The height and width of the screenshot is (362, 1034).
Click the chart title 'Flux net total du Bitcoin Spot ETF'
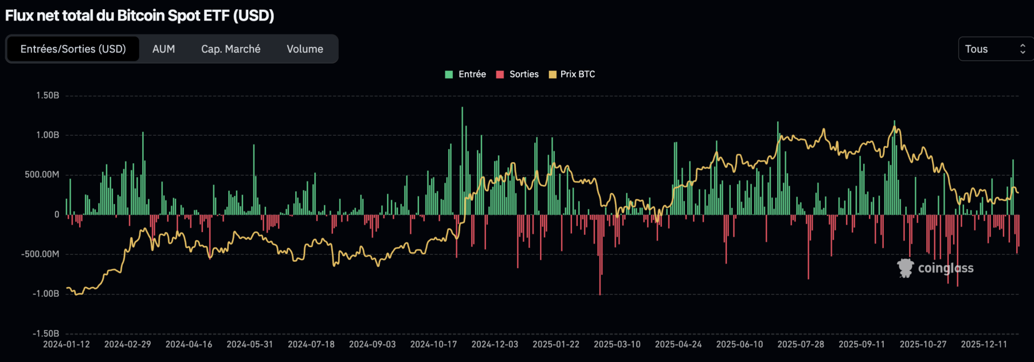(x=139, y=16)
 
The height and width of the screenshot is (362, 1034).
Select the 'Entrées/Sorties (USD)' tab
(x=73, y=49)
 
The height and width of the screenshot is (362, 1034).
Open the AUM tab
(x=164, y=49)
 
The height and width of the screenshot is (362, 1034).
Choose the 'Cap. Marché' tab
(x=230, y=49)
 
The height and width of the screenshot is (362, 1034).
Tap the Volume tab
(x=305, y=49)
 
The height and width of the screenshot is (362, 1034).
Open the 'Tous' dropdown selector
(x=995, y=49)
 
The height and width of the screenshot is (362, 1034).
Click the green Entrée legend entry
(x=466, y=74)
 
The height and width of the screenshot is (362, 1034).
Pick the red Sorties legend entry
(x=518, y=74)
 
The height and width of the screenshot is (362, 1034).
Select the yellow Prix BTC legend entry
(x=572, y=74)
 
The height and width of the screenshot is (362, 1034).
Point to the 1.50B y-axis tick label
(x=47, y=95)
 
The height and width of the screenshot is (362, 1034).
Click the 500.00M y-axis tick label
(x=42, y=175)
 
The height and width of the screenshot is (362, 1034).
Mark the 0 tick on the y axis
(x=57, y=214)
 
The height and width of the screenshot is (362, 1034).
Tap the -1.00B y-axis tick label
(x=46, y=294)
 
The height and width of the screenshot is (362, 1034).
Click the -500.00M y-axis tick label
(x=40, y=254)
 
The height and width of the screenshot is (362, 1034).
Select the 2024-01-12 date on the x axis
(x=66, y=344)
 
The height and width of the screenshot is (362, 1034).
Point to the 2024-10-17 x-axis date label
(x=434, y=344)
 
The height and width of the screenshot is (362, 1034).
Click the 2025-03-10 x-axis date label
(x=617, y=344)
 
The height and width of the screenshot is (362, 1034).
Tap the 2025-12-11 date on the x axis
(x=984, y=344)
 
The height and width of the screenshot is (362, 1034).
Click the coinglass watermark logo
(x=935, y=268)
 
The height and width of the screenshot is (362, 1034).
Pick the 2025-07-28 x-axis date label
(x=801, y=344)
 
